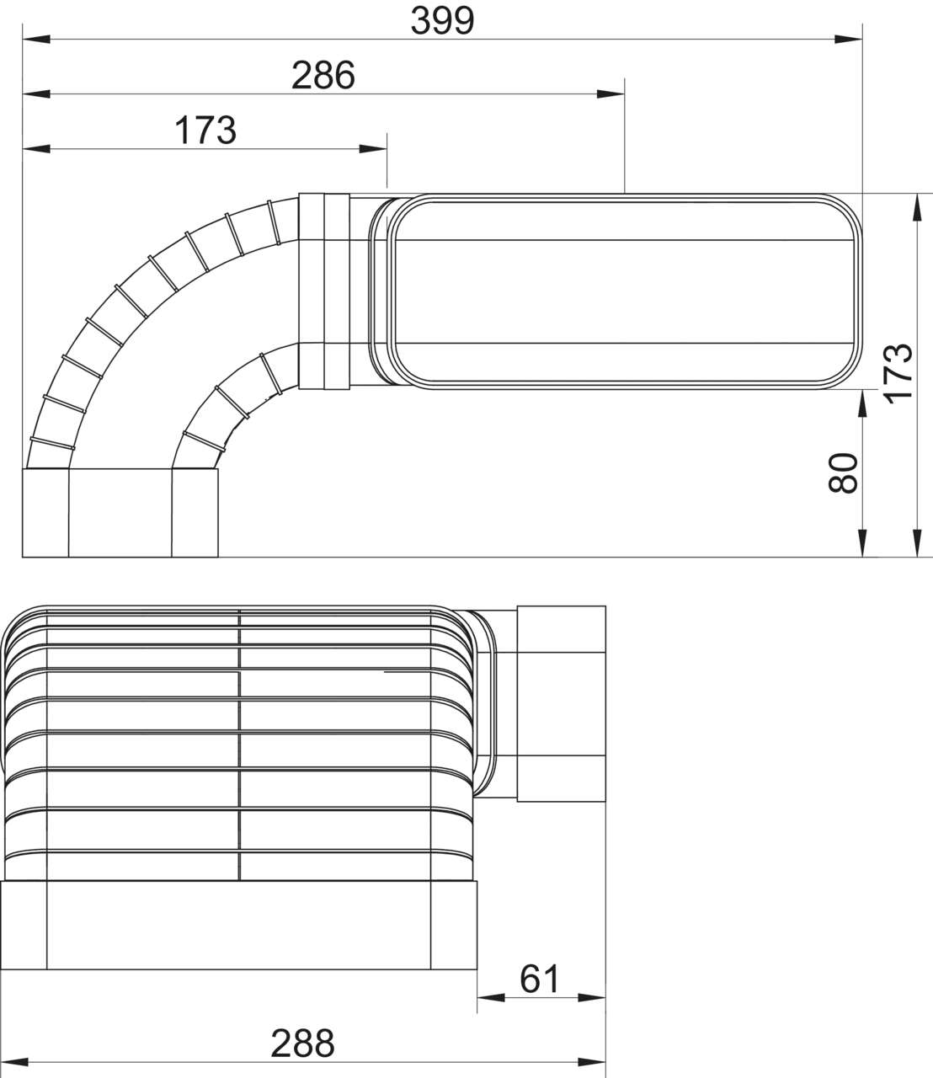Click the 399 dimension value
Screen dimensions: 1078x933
pos(442,21)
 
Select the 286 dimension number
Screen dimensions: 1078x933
pos(323,76)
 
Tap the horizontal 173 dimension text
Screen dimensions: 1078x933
pos(205,131)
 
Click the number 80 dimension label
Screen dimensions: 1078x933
pos(843,472)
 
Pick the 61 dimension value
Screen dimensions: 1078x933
pos(540,979)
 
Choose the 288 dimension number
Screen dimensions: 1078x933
pos(302,1043)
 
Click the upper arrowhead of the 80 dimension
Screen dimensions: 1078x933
pos(861,403)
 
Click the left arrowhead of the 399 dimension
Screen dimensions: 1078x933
pos(35,39)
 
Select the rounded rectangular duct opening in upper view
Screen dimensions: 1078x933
pos(624,291)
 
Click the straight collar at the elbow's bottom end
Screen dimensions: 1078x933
pos(120,513)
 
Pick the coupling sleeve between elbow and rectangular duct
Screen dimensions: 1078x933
pos(324,291)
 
